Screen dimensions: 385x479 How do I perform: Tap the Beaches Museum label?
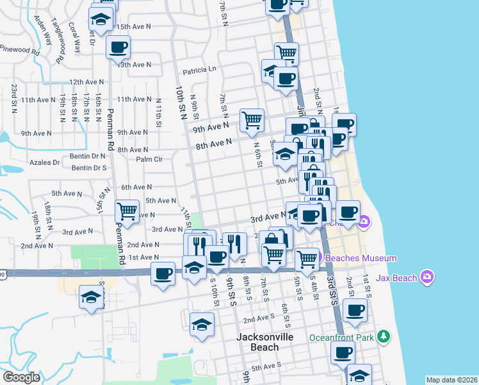(362, 258)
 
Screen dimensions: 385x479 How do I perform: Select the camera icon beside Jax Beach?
(428, 277)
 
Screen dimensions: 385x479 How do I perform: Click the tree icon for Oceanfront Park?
(383, 336)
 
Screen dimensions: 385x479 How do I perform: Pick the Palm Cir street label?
(150, 159)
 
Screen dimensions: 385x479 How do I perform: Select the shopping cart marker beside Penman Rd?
(127, 210)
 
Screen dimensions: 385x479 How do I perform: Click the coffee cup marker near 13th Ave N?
(118, 47)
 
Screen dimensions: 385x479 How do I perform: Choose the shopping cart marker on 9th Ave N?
(252, 119)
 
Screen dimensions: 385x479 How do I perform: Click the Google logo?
(21, 377)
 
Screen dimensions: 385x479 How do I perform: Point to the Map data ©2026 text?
(451, 380)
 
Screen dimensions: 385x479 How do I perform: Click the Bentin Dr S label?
(89, 168)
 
